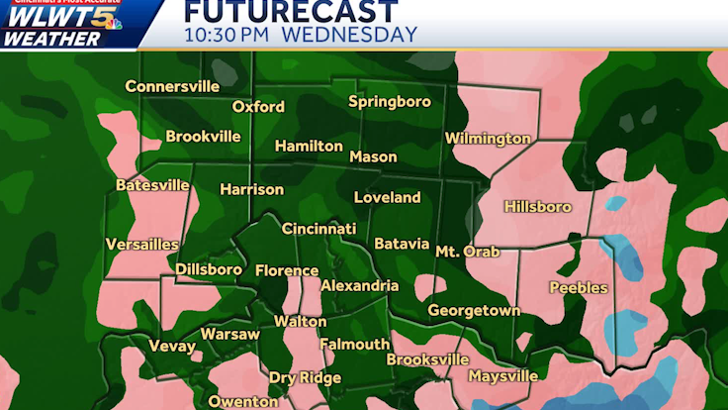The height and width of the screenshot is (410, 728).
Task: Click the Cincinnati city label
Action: (x=318, y=229)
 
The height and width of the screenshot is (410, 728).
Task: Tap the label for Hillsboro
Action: (x=538, y=207)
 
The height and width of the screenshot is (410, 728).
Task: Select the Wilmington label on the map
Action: (x=488, y=139)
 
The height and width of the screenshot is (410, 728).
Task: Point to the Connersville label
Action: (x=172, y=86)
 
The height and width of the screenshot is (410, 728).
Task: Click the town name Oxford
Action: (x=258, y=107)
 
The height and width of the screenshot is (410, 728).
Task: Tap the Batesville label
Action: (x=152, y=185)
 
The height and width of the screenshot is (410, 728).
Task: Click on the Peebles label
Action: (x=579, y=288)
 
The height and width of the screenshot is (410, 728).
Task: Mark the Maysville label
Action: (x=502, y=376)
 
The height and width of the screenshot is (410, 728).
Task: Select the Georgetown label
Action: (x=474, y=311)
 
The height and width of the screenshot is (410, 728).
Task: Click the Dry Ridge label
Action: (x=305, y=378)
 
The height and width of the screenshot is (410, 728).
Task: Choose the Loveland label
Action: (x=387, y=198)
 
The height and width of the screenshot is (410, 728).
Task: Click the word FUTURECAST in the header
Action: (x=291, y=12)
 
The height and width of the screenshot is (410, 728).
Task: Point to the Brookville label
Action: (x=204, y=137)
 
